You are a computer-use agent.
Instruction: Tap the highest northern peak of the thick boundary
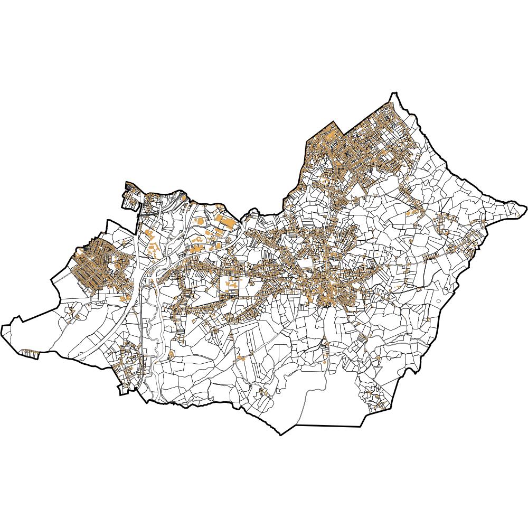[393, 93]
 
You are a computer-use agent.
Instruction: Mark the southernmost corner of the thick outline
[281, 435]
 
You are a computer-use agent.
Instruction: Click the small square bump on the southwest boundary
[122, 390]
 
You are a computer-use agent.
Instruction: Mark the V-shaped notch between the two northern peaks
[344, 133]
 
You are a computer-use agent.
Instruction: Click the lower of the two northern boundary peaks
[333, 122]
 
